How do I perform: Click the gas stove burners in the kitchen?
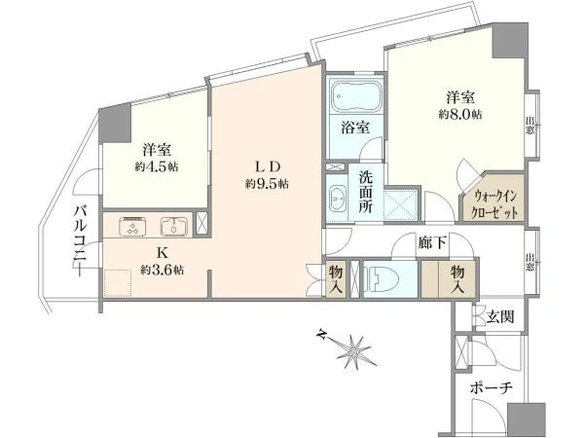coord(132,226)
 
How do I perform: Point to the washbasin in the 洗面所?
coord(338,198)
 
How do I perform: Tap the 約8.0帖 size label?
coord(460,115)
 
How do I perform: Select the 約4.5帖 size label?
coord(156,166)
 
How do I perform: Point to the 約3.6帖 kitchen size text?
coord(162,270)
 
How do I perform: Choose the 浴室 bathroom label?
coord(354,128)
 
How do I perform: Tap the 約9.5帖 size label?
coord(265,183)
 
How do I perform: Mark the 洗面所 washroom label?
coord(365,192)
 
